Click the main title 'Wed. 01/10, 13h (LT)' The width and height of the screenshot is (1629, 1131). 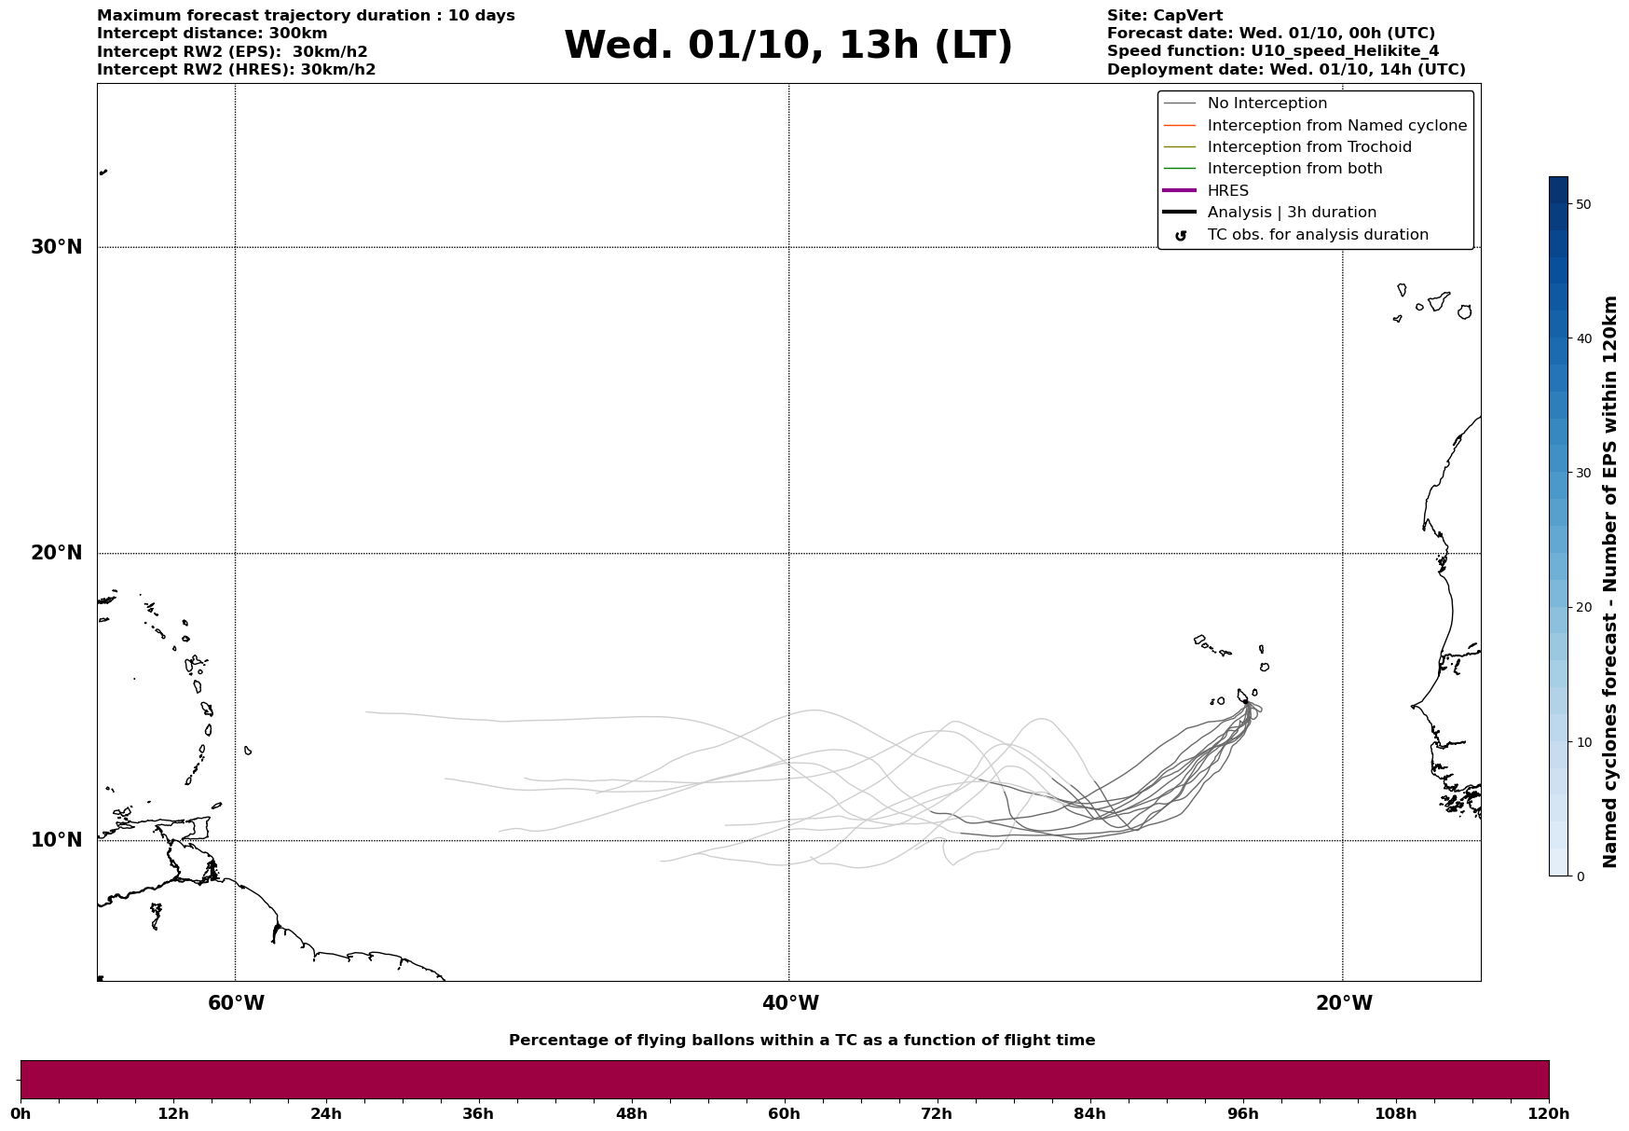[787, 46]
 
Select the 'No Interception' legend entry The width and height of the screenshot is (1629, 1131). [1266, 103]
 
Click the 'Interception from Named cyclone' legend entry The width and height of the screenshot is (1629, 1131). [1336, 126]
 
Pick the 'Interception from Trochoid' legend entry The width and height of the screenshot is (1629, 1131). [1308, 147]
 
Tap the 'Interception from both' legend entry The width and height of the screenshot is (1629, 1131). [1294, 169]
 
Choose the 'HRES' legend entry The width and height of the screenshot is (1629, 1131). [1227, 191]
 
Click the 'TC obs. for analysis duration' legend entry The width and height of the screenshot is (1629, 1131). [1317, 235]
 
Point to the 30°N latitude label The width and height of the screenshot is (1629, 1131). [56, 247]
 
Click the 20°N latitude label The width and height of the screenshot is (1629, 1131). [56, 553]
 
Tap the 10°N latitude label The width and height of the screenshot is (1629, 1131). [56, 840]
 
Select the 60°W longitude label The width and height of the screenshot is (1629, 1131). [236, 1003]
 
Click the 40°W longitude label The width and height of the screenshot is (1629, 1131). [790, 1003]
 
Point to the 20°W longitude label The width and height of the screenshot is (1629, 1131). [1344, 1003]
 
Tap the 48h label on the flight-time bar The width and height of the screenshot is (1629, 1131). [631, 1113]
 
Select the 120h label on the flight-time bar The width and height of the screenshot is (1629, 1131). [1549, 1113]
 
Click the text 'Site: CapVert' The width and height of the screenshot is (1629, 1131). [1164, 16]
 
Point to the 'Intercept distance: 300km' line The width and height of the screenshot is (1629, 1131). [212, 34]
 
